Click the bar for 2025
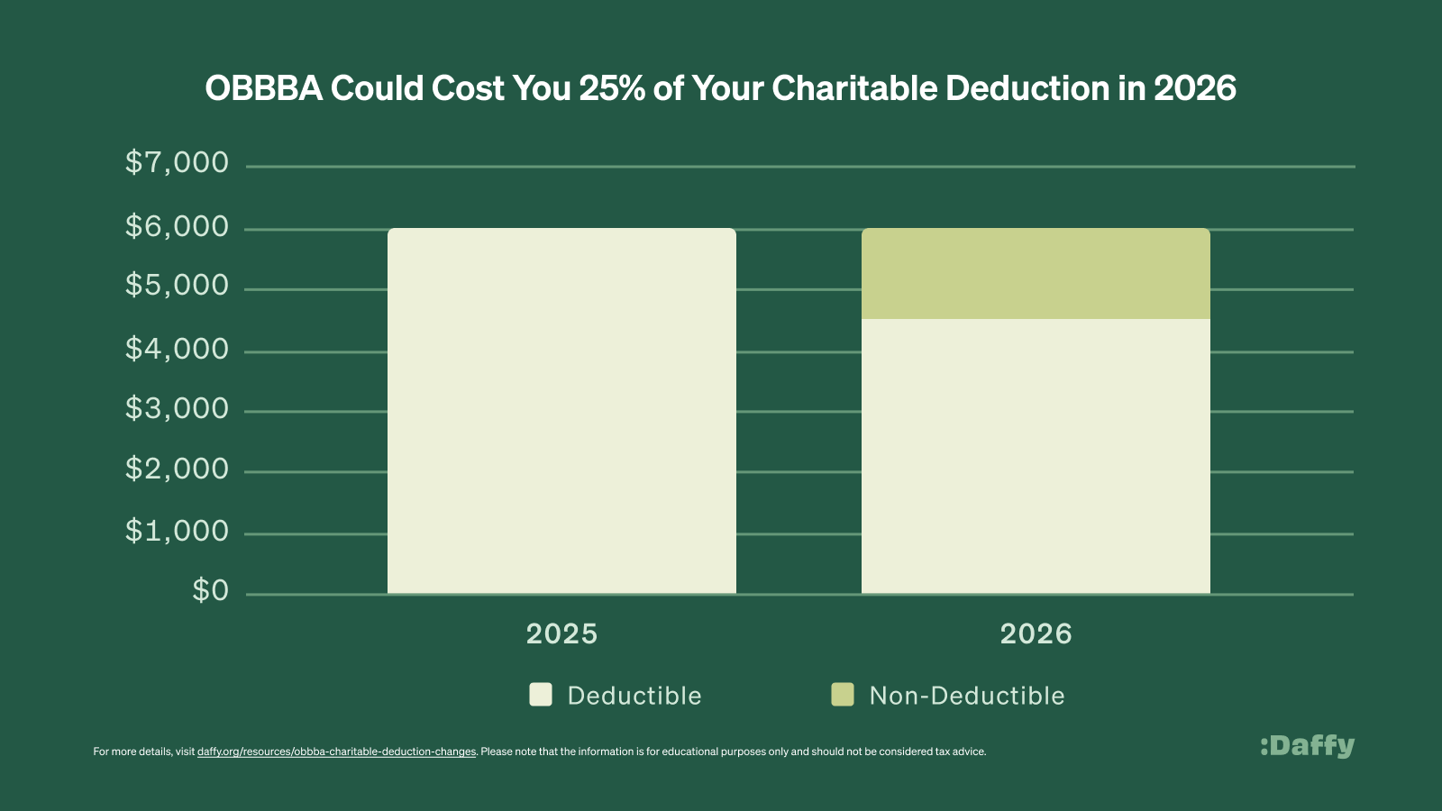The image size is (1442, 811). click(561, 411)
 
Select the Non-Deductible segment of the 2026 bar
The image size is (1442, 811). click(1036, 274)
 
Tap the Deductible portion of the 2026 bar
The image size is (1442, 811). click(1036, 456)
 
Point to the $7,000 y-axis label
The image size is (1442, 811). click(177, 163)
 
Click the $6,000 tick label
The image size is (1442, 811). click(177, 226)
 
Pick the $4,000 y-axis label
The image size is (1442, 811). click(177, 349)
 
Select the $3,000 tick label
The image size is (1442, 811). click(177, 409)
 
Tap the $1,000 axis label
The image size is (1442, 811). click(177, 531)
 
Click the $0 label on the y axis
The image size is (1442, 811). click(211, 591)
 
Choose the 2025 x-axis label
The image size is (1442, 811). click(561, 633)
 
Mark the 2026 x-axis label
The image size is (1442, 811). click(1036, 633)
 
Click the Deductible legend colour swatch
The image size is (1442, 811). click(541, 695)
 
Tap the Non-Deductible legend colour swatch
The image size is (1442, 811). click(843, 695)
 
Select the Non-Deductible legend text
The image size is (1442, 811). click(966, 696)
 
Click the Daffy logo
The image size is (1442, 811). click(1307, 746)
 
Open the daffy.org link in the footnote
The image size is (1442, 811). click(336, 752)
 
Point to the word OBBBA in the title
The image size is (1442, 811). click(263, 88)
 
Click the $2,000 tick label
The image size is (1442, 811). click(177, 469)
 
